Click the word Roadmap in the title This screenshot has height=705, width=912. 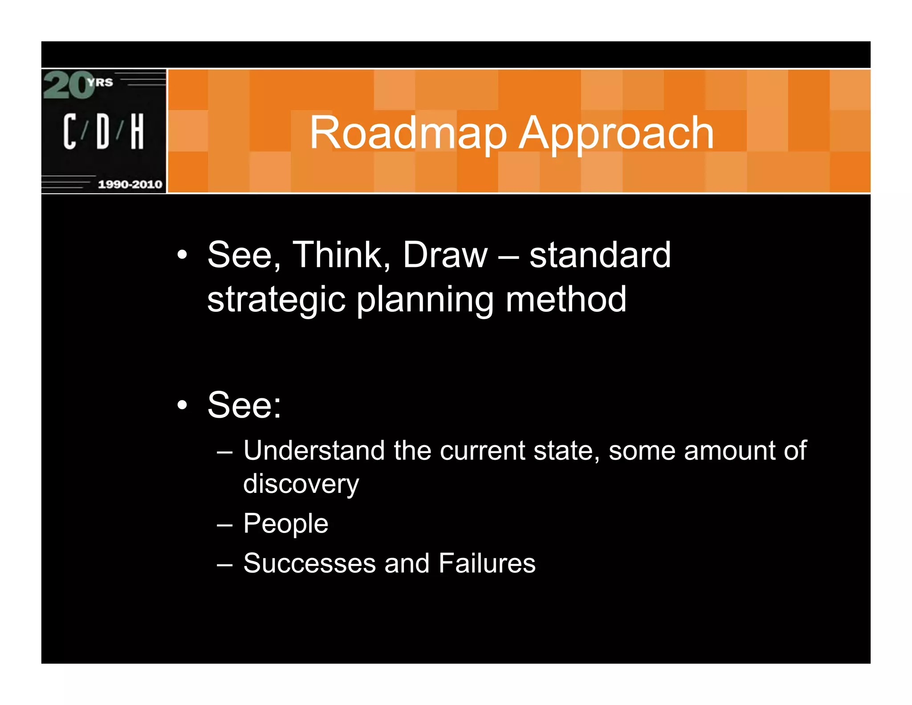pos(408,133)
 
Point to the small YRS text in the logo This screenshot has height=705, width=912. pos(100,82)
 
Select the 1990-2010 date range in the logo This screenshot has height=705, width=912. pos(130,184)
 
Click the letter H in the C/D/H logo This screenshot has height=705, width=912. pos(137,131)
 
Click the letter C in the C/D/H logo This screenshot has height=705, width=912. pos(69,131)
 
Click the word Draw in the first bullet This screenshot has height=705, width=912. pos(445,255)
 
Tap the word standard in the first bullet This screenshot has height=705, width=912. pos(599,255)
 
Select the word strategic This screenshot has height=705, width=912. pos(276,300)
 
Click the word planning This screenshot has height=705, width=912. pos(425,300)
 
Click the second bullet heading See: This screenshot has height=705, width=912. pos(244,405)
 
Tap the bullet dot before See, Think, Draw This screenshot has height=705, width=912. pos(182,255)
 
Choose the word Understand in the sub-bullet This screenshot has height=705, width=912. pos(313,451)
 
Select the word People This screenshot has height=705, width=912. pos(285,524)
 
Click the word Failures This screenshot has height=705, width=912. pos(487,563)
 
